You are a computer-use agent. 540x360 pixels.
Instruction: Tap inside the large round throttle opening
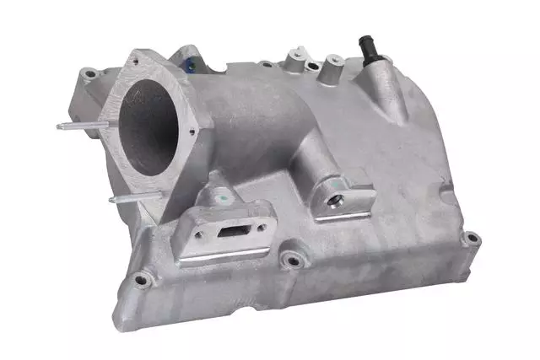(148, 126)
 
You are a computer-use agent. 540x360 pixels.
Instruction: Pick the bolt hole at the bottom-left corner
(140, 278)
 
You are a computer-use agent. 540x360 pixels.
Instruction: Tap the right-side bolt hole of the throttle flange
(193, 132)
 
